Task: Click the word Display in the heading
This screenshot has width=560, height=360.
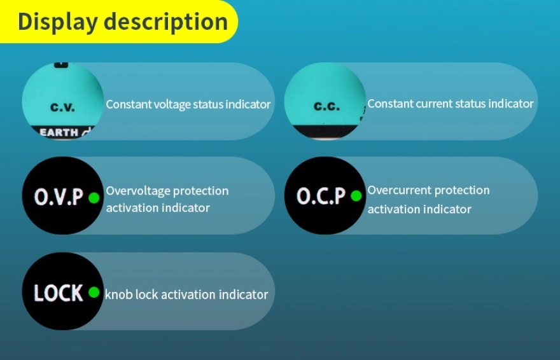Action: click(x=57, y=22)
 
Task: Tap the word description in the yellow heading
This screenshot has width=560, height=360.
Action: click(x=165, y=22)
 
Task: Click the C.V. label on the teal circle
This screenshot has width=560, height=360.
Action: click(x=62, y=107)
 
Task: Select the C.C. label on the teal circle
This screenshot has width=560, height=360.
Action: click(x=327, y=106)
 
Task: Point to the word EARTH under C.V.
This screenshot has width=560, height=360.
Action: click(x=59, y=133)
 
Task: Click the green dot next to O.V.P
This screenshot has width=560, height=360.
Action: click(x=94, y=198)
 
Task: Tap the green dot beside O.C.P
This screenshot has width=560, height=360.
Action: click(x=356, y=196)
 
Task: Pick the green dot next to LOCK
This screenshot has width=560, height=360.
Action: click(x=94, y=293)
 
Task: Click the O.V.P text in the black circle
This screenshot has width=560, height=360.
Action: click(x=59, y=197)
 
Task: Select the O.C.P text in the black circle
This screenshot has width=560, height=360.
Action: click(x=321, y=196)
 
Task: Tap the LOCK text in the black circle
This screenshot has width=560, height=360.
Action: click(x=59, y=293)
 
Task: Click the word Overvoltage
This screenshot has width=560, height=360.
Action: click(x=137, y=191)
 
